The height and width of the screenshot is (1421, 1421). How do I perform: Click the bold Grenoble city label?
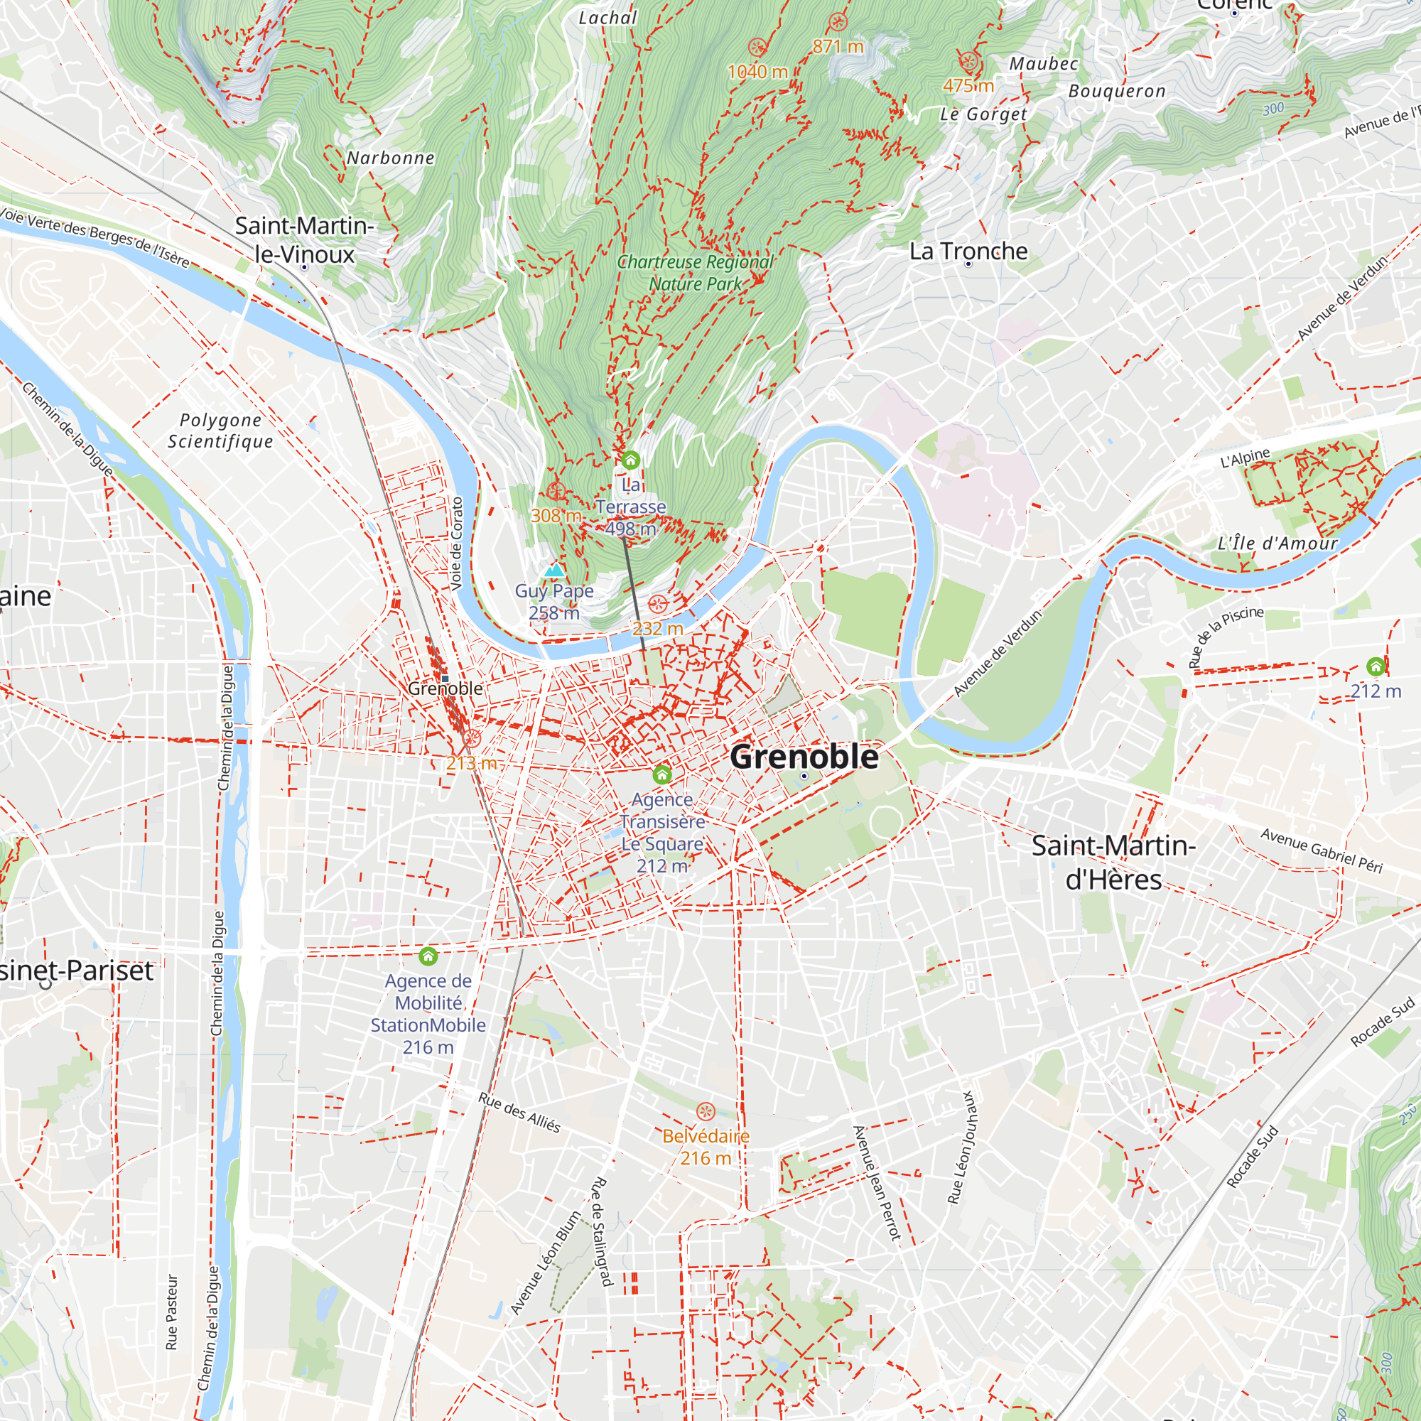[x=804, y=757]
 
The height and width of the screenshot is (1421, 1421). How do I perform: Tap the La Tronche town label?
[x=968, y=252]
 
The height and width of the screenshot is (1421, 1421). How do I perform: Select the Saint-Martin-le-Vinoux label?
[x=305, y=239]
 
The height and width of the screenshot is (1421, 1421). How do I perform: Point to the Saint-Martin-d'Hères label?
[x=1113, y=862]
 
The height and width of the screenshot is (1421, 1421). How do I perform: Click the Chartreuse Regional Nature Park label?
[x=695, y=273]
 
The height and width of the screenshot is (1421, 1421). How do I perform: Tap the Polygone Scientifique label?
[x=221, y=431]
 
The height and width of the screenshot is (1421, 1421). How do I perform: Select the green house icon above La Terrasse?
[x=630, y=460]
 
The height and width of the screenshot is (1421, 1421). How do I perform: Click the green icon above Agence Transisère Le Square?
[x=662, y=774]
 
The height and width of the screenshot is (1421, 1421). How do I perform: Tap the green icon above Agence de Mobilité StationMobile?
[x=428, y=956]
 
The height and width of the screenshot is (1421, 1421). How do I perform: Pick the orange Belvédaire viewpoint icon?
[x=706, y=1111]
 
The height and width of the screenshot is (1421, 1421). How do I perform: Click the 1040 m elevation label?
[x=757, y=72]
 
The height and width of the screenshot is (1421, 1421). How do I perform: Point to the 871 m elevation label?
[x=838, y=46]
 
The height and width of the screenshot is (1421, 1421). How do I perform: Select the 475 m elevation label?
[x=968, y=86]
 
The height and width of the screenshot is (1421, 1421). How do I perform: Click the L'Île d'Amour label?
[x=1277, y=544]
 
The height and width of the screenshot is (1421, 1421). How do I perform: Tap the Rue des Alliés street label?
[x=519, y=1112]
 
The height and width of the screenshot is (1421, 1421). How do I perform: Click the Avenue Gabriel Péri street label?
[x=1322, y=850]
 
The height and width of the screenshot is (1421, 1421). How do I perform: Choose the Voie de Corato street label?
[x=457, y=544]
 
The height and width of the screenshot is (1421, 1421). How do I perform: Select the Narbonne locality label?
[x=391, y=158]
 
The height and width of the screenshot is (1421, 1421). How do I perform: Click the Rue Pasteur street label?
[x=172, y=1312]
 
